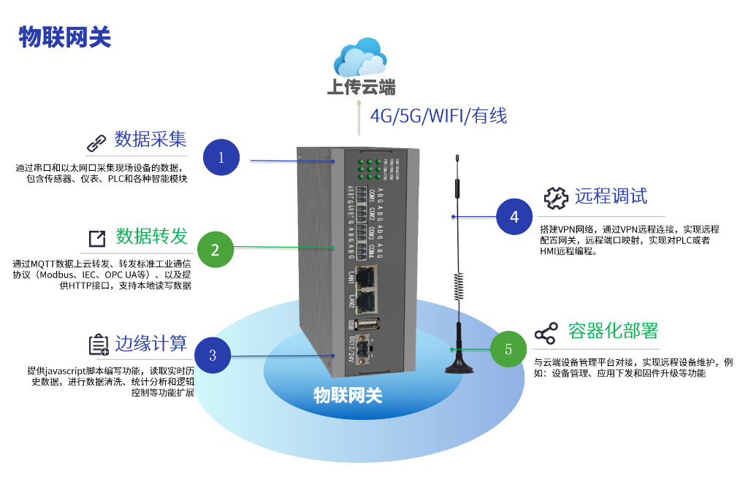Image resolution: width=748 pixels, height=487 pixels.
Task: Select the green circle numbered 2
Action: pyautogui.click(x=215, y=250)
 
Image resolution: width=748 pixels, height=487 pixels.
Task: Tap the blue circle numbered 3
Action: pyautogui.click(x=213, y=356)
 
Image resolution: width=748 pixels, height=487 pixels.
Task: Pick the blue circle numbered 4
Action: pyautogui.click(x=515, y=216)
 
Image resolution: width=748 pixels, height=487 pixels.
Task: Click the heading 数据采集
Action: pyautogui.click(x=150, y=139)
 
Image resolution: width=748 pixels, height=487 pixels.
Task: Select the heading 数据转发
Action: pyautogui.click(x=152, y=237)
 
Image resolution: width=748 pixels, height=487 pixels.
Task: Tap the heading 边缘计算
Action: pyautogui.click(x=150, y=343)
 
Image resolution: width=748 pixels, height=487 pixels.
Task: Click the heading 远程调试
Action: pyautogui.click(x=611, y=196)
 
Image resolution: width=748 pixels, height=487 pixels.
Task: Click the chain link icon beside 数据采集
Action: pyautogui.click(x=97, y=142)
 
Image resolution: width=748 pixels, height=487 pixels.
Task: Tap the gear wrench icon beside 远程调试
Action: pyautogui.click(x=556, y=197)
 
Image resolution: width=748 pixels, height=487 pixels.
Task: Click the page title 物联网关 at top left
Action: pyautogui.click(x=65, y=37)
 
